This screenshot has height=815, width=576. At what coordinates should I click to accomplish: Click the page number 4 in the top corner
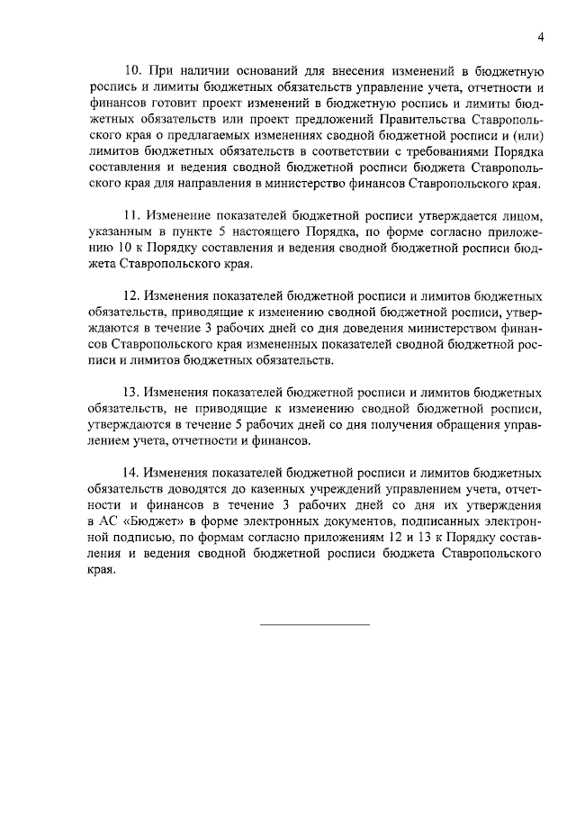540,37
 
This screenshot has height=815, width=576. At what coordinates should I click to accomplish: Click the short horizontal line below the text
315,624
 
